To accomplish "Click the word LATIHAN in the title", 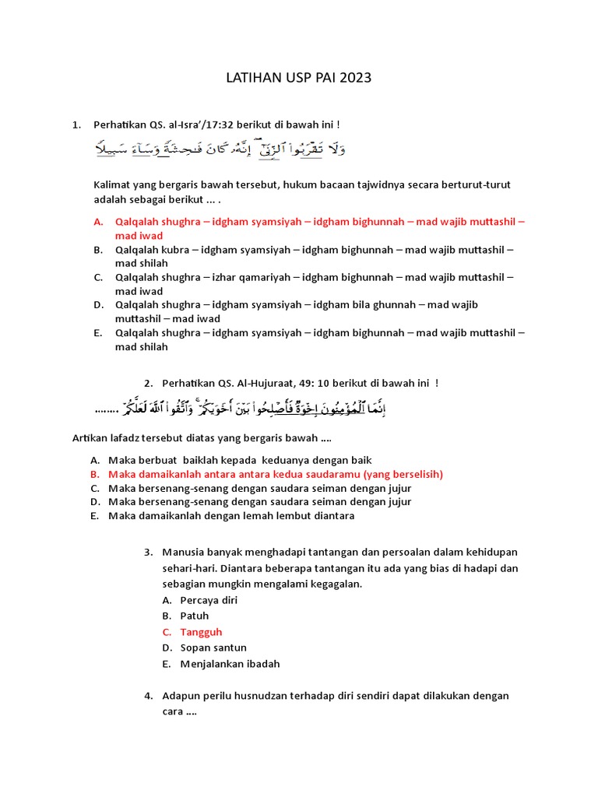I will tap(253, 78).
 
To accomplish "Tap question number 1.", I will tap(76, 125).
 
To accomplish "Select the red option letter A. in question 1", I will tap(99, 222).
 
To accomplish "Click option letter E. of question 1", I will tap(98, 333).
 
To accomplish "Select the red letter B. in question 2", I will tap(93, 474).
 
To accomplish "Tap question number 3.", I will tap(148, 553).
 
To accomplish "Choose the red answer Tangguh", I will tap(201, 632).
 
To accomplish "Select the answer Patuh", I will tap(195, 616).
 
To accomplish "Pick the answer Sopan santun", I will tap(213, 648).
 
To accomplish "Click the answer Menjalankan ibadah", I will tap(230, 664).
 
